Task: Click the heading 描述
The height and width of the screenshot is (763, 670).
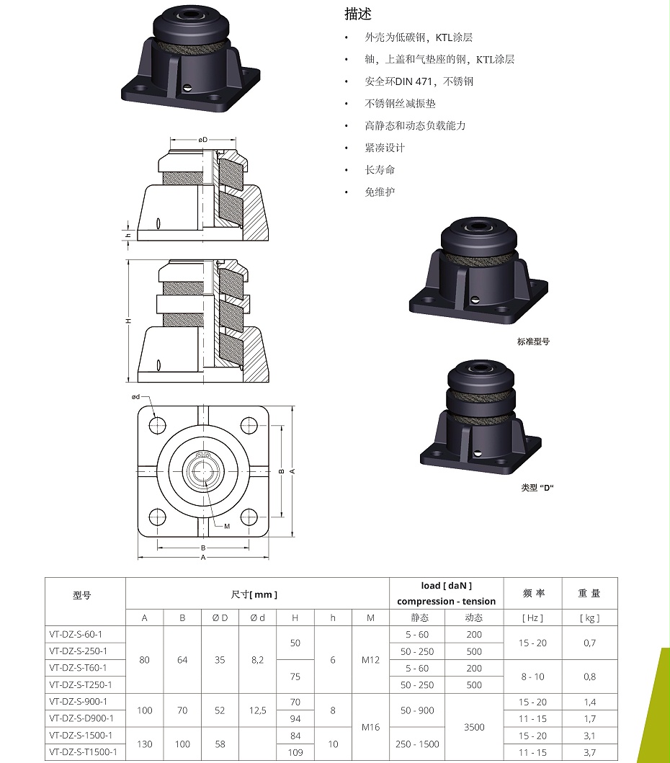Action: [358, 14]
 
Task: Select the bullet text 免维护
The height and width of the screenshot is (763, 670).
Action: [380, 192]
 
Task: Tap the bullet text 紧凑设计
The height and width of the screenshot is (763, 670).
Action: [385, 148]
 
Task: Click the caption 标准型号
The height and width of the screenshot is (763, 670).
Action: [533, 342]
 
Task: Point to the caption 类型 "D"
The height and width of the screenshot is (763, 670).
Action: [537, 488]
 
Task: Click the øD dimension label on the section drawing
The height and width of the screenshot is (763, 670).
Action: [202, 139]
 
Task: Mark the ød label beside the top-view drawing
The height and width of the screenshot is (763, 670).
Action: [135, 397]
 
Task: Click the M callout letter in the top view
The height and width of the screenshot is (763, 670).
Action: [226, 526]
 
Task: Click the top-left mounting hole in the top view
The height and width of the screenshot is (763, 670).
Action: [157, 425]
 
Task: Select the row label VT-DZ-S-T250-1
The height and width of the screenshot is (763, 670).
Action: [81, 684]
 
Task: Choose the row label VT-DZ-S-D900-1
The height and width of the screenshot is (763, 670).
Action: [81, 718]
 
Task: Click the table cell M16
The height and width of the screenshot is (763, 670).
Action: [370, 727]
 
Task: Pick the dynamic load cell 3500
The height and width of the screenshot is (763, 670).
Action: [474, 727]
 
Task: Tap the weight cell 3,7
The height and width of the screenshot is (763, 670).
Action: [589, 752]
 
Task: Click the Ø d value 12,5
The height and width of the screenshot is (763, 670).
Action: [257, 710]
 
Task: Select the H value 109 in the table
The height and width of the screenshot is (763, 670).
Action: [295, 752]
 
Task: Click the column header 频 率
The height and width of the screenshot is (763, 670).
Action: [533, 594]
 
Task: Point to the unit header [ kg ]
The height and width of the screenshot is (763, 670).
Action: [589, 617]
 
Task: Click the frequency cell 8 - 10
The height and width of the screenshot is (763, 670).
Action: [532, 677]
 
